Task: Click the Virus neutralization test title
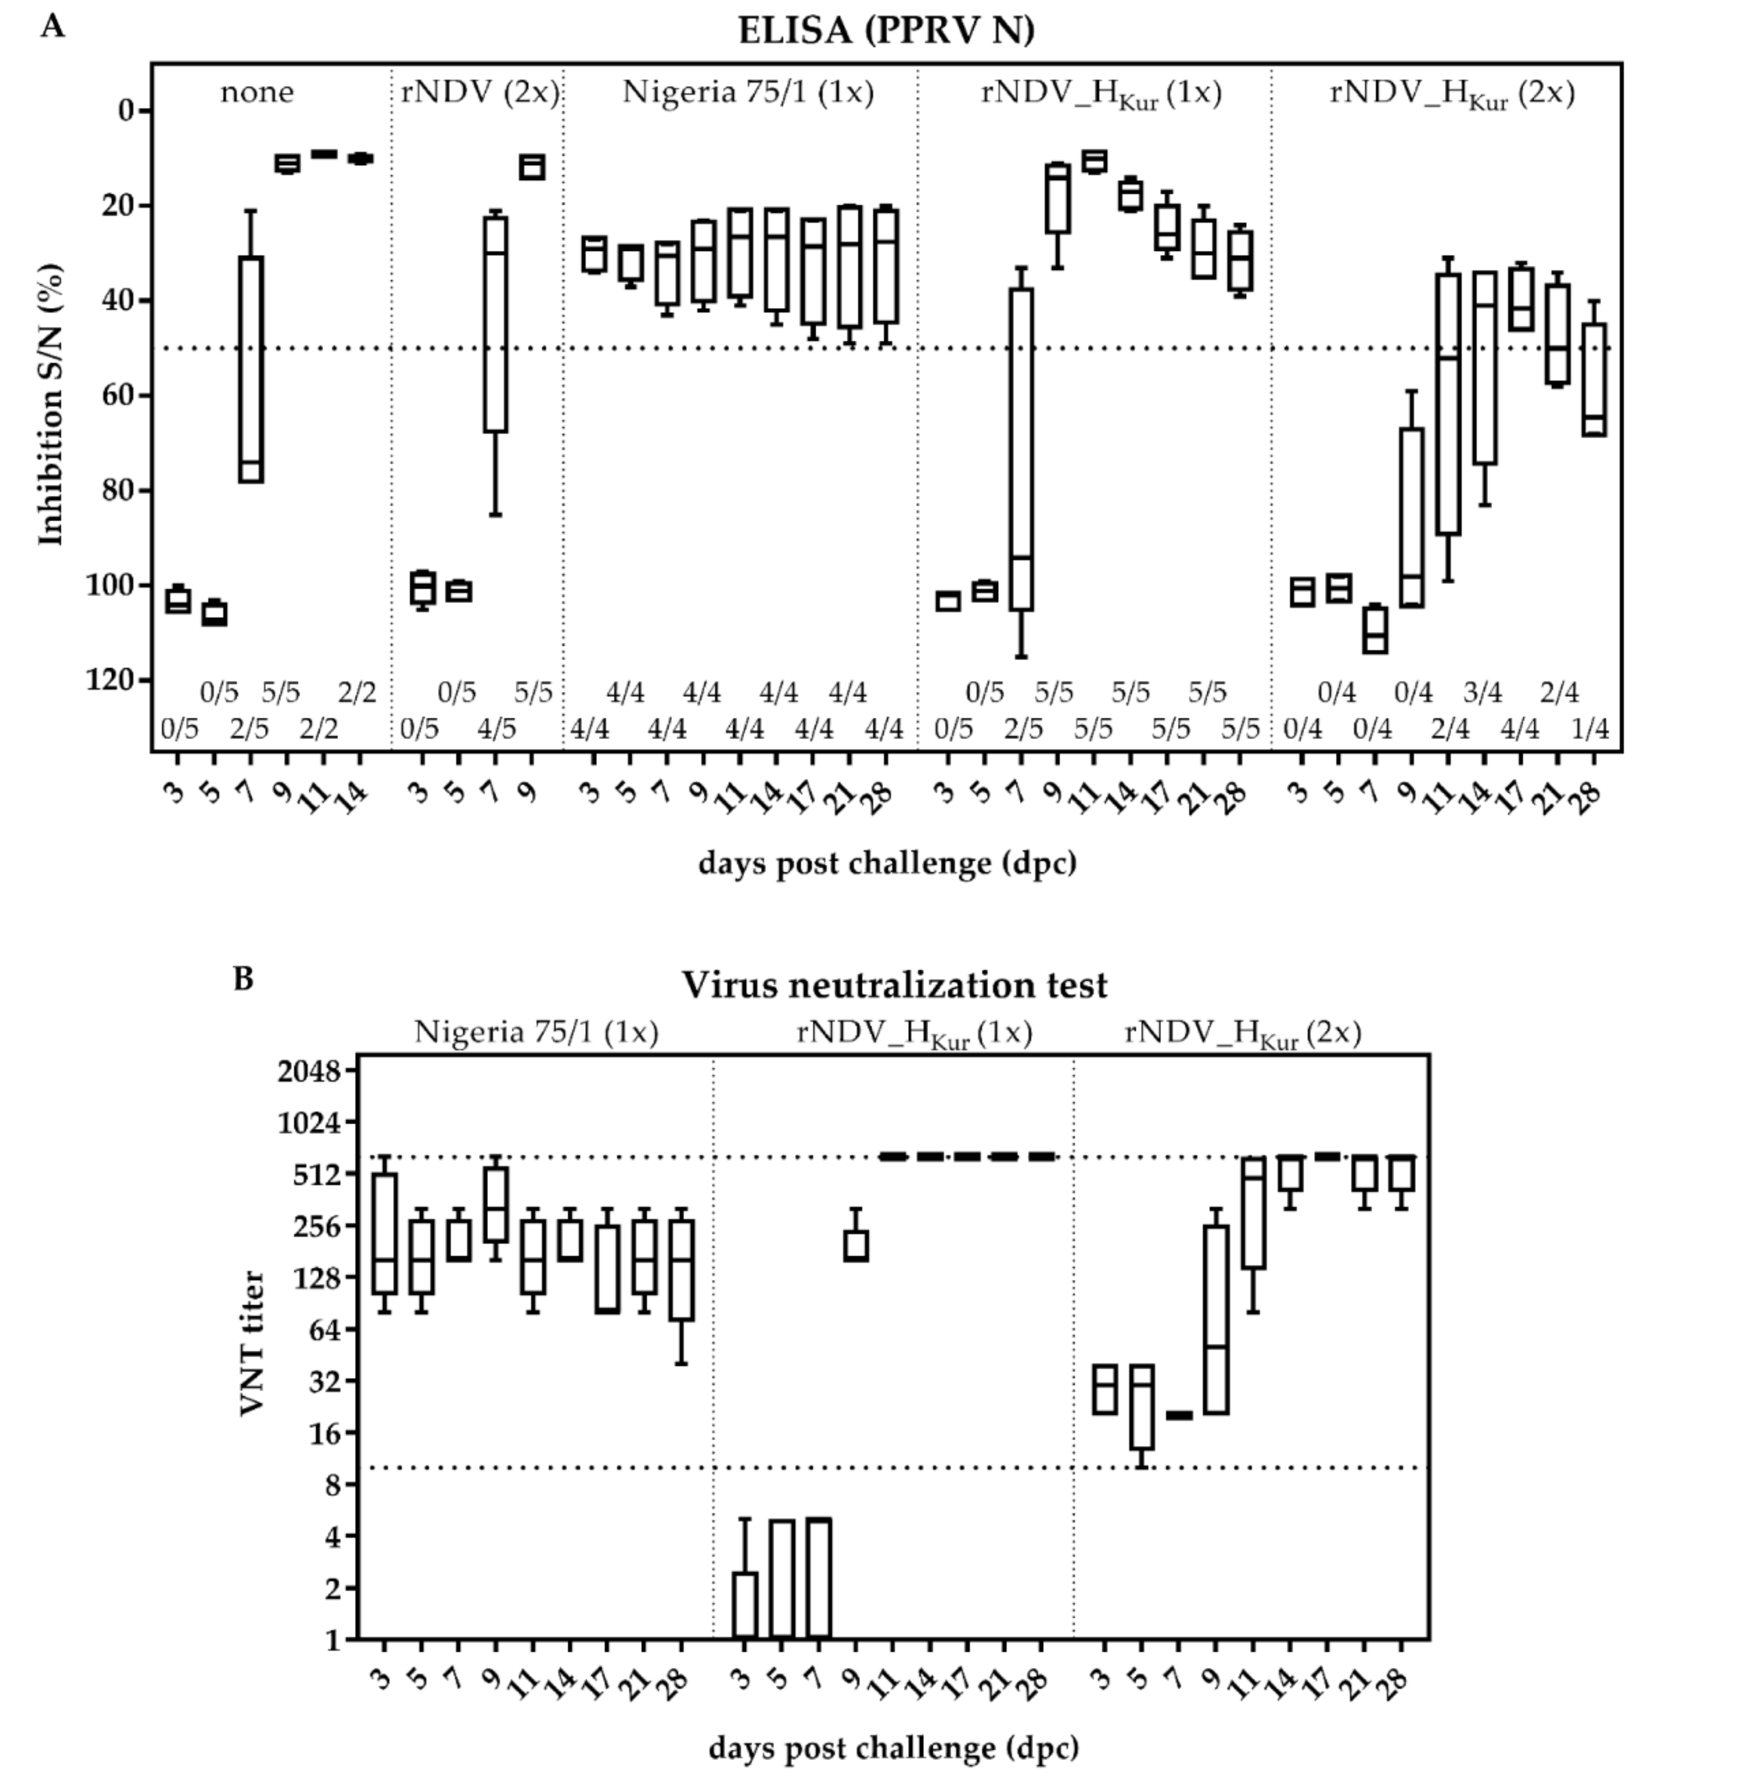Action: coord(894,985)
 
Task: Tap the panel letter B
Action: coord(243,978)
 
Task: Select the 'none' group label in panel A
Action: coord(257,92)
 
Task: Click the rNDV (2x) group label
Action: coord(479,92)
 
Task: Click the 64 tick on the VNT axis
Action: coord(320,1329)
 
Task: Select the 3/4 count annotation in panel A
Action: coord(1482,693)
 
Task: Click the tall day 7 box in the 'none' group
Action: coord(250,369)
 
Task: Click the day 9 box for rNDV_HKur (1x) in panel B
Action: coord(856,1245)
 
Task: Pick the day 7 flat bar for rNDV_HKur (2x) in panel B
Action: coord(1179,1415)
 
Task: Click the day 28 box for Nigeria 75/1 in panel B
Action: coord(681,1270)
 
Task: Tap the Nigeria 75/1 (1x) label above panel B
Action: coord(536,1032)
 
